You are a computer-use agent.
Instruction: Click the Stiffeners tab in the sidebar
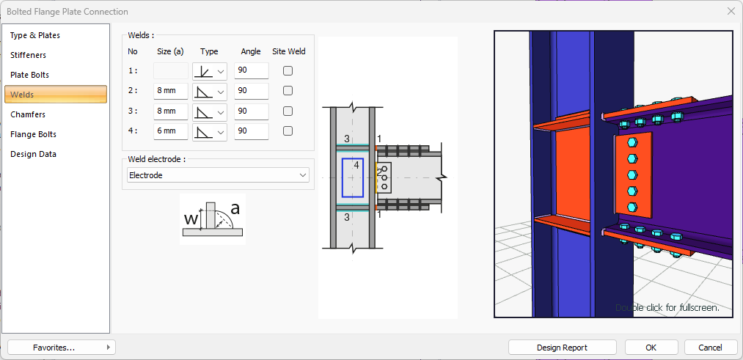tap(29, 55)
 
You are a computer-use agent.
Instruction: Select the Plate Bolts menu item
tap(30, 75)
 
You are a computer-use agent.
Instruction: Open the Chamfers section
tap(28, 114)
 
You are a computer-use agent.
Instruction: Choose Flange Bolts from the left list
tap(33, 134)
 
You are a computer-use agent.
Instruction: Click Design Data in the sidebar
tap(33, 155)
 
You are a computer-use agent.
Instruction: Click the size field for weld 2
tap(171, 91)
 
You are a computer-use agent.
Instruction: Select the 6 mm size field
tap(171, 131)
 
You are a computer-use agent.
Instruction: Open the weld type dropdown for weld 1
tap(210, 71)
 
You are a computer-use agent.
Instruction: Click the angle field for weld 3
tap(251, 111)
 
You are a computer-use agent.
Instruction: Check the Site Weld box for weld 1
tap(288, 71)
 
